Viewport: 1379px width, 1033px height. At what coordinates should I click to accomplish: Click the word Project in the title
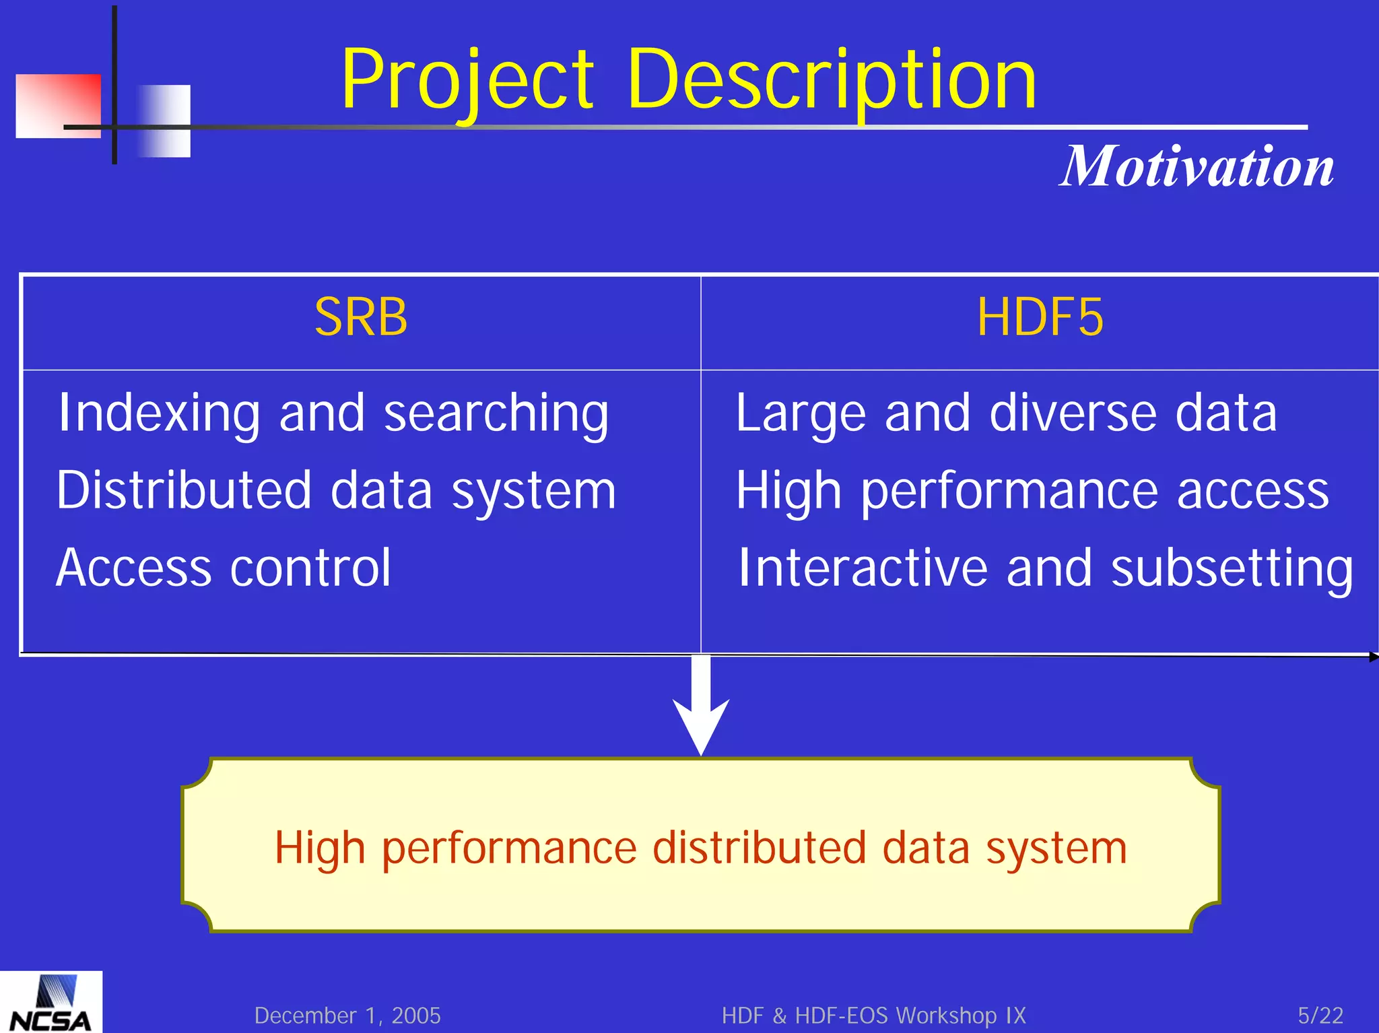pyautogui.click(x=467, y=81)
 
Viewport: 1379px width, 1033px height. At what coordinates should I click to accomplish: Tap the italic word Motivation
pyautogui.click(x=1197, y=166)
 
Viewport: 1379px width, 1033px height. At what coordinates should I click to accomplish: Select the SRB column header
pyautogui.click(x=361, y=317)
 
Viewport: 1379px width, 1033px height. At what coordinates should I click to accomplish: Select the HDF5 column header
pyautogui.click(x=1040, y=317)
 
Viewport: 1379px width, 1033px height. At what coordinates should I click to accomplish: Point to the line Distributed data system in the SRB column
pyautogui.click(x=335, y=490)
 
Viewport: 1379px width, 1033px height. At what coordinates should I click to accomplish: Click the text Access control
pyautogui.click(x=223, y=568)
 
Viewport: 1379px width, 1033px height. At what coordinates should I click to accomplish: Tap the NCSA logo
pyautogui.click(x=51, y=1003)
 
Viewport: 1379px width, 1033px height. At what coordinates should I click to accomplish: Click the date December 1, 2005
pyautogui.click(x=347, y=1015)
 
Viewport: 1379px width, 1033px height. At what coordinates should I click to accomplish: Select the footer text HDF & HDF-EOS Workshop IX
pyautogui.click(x=873, y=1015)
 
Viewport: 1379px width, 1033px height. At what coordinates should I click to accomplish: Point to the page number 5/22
pyautogui.click(x=1320, y=1015)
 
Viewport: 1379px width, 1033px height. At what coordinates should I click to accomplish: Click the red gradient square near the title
pyautogui.click(x=57, y=106)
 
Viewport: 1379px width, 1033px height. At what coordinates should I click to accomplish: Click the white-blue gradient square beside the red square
pyautogui.click(x=164, y=121)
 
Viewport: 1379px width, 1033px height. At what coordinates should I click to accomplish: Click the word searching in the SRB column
pyautogui.click(x=496, y=413)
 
